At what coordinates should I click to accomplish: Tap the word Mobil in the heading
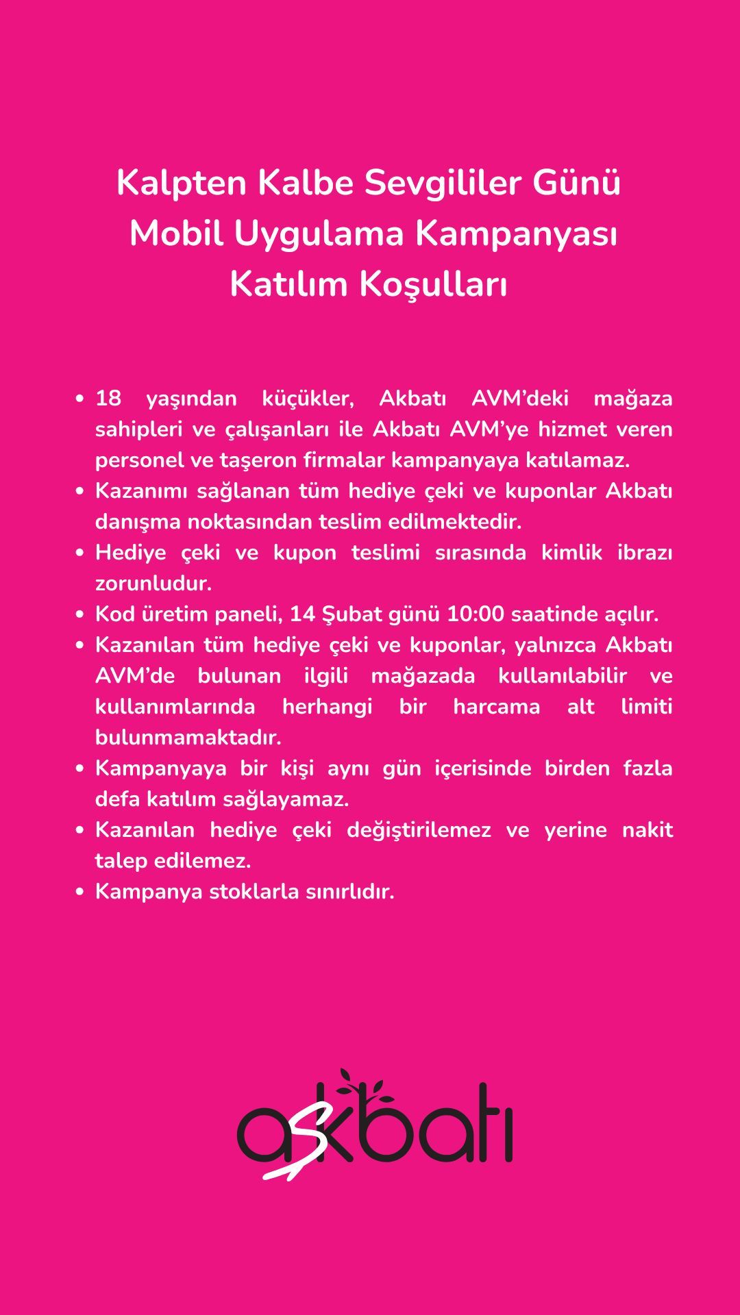[176, 234]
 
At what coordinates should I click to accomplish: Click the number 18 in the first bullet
[108, 399]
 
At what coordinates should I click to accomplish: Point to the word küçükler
[308, 399]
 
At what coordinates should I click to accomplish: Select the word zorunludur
[153, 584]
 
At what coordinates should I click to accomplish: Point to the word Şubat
[351, 614]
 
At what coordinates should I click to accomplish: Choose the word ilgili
[325, 676]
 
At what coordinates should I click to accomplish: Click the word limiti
[646, 707]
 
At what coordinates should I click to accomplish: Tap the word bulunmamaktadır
[188, 738]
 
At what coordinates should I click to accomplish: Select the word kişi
[297, 768]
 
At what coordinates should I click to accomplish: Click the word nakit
[647, 830]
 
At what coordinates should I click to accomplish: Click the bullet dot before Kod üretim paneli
[80, 614]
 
